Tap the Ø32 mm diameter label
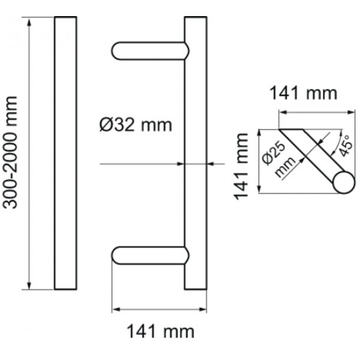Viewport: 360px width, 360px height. coord(136,125)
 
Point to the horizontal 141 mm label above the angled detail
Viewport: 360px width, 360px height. coord(303,93)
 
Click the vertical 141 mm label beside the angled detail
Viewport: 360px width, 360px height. coord(242,166)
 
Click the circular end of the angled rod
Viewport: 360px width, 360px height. coord(343,182)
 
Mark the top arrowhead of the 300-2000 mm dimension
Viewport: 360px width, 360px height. coord(29,21)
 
